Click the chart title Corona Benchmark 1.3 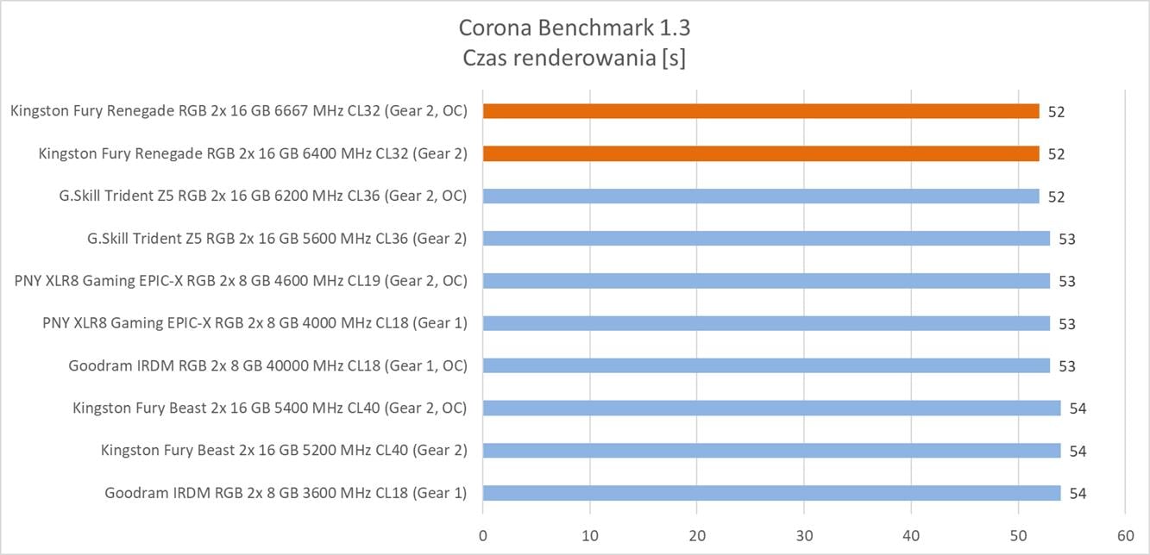(575, 28)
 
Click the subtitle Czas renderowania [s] (575, 59)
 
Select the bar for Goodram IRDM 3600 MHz (771, 493)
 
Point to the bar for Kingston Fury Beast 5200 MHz (771, 450)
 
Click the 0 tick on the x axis (483, 533)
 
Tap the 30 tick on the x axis (804, 533)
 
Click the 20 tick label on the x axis (697, 533)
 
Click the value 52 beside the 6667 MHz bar (1057, 112)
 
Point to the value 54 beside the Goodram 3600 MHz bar (1078, 494)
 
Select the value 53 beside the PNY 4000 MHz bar (1067, 324)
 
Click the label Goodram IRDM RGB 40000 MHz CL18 (267, 365)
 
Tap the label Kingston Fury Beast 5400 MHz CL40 (269, 408)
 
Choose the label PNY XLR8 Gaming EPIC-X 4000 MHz (255, 323)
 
